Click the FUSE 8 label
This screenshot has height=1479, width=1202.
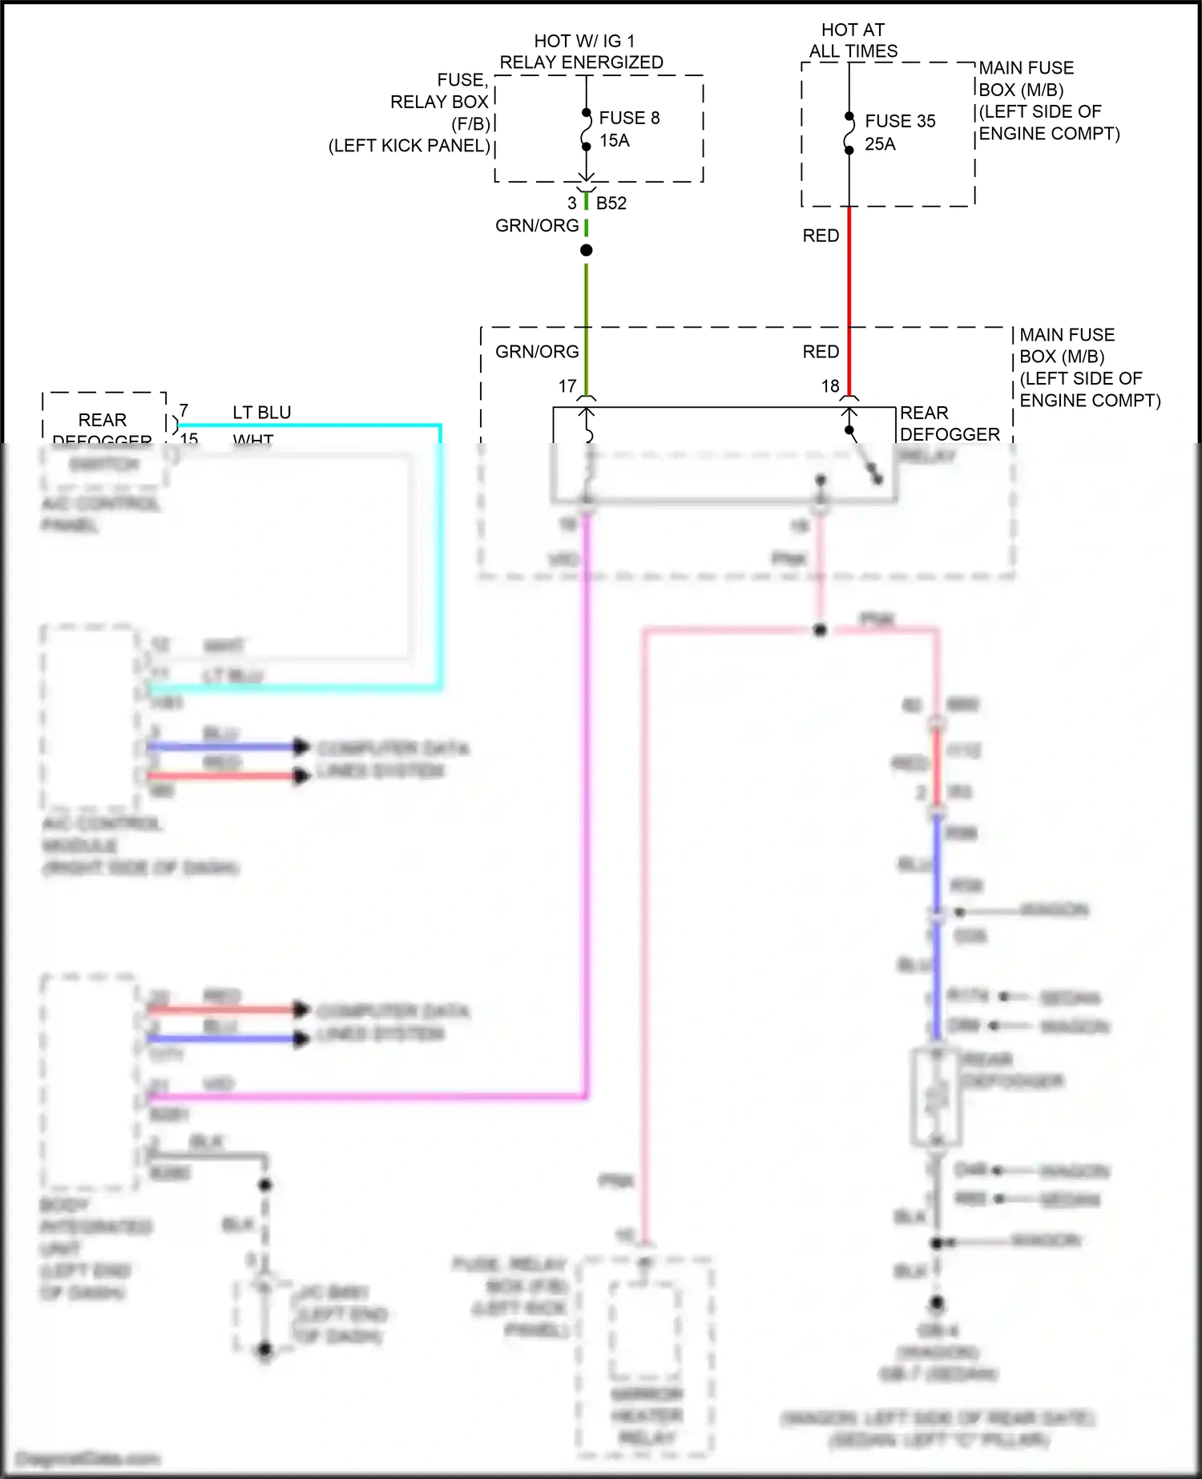tap(629, 118)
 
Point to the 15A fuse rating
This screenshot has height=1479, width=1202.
tap(615, 140)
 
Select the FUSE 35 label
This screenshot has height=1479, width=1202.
tap(900, 121)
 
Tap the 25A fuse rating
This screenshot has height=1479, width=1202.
tap(880, 144)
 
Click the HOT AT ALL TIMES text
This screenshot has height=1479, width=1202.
tap(853, 41)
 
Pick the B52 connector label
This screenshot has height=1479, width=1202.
tap(611, 204)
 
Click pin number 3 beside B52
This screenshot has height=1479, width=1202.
tap(572, 204)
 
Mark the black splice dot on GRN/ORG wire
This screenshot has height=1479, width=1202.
tap(587, 251)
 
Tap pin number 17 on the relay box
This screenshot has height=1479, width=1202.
tap(567, 386)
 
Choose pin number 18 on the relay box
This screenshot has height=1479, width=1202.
tap(830, 386)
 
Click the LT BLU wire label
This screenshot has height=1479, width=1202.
tap(262, 413)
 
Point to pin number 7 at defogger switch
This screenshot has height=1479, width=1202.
tap(184, 411)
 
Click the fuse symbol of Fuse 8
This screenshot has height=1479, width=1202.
tap(587, 130)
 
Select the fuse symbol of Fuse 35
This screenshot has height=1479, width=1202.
tap(849, 133)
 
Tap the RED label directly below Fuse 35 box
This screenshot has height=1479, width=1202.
tap(821, 236)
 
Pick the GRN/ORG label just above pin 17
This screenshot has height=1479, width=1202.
tap(537, 352)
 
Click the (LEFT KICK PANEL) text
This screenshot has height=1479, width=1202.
tap(409, 146)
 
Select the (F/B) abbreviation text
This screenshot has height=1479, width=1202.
tap(470, 124)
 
